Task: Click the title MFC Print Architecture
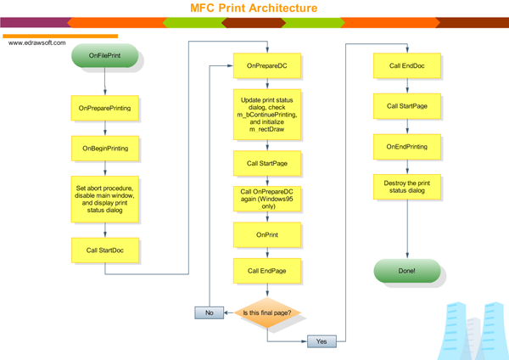[x=254, y=8]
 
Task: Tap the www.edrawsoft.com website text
[x=37, y=43]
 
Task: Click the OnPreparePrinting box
[x=103, y=109]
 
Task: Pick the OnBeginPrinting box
[x=103, y=149]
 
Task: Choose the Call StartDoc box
[x=103, y=250]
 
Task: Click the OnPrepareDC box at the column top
[x=267, y=65]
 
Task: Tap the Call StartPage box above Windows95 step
[x=267, y=163]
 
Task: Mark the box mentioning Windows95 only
[x=267, y=199]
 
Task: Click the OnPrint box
[x=267, y=234]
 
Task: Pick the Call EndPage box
[x=267, y=271]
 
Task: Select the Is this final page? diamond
[x=267, y=312]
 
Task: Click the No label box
[x=210, y=312]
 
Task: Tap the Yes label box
[x=322, y=341]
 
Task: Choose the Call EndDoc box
[x=407, y=65]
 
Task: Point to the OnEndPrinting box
[x=407, y=147]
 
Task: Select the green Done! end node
[x=407, y=272]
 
